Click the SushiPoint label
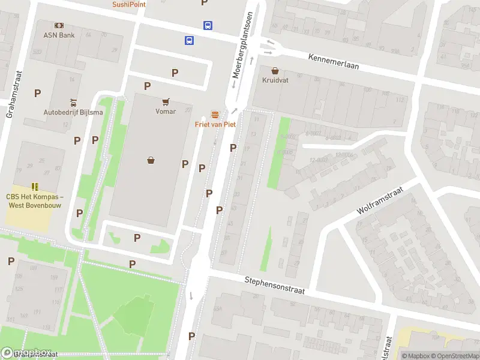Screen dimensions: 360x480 pyautogui.click(x=129, y=4)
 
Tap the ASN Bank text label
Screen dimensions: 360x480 pyautogui.click(x=59, y=35)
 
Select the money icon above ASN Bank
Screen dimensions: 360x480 pyautogui.click(x=59, y=25)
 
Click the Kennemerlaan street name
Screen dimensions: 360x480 pyautogui.click(x=333, y=61)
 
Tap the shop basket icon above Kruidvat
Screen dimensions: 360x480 pyautogui.click(x=275, y=70)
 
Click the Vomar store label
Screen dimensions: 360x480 pyautogui.click(x=166, y=111)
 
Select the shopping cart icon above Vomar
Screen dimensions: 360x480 pyautogui.click(x=166, y=101)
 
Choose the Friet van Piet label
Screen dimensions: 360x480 pyautogui.click(x=215, y=124)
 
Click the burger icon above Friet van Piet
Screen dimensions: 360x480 pyautogui.click(x=215, y=115)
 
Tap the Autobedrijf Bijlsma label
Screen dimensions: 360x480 pyautogui.click(x=73, y=112)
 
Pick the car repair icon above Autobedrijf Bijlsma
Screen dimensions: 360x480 pyautogui.click(x=73, y=102)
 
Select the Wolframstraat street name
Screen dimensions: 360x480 pyautogui.click(x=379, y=201)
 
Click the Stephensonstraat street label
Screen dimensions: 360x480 pyautogui.click(x=275, y=285)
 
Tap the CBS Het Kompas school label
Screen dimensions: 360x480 pyautogui.click(x=35, y=200)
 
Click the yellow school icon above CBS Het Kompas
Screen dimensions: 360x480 pyautogui.click(x=35, y=187)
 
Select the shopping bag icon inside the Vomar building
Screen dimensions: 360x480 pyautogui.click(x=151, y=160)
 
